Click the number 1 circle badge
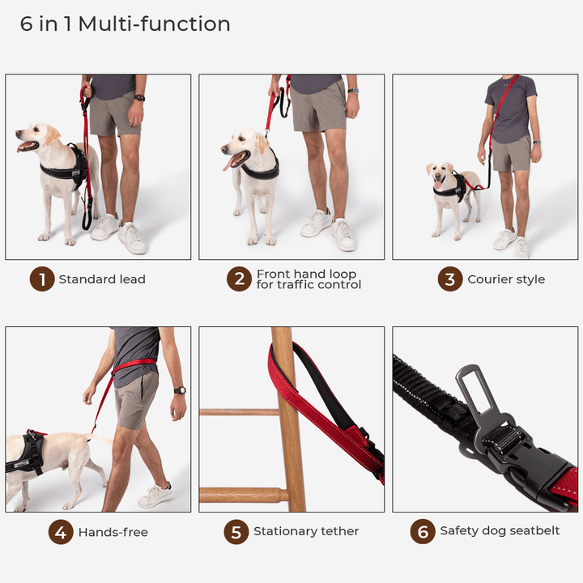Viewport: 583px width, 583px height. pyautogui.click(x=42, y=279)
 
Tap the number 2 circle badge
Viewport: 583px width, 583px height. pyautogui.click(x=239, y=279)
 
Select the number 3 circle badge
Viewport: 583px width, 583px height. pyautogui.click(x=450, y=279)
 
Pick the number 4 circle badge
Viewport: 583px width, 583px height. pyautogui.click(x=61, y=532)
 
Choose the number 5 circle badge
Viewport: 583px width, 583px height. pyautogui.click(x=236, y=532)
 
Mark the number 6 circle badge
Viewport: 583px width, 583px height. pyautogui.click(x=423, y=532)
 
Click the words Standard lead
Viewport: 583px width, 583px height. pyautogui.click(x=102, y=279)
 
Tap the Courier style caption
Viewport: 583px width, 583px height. pyautogui.click(x=506, y=279)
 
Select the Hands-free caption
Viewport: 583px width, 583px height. pyautogui.click(x=113, y=532)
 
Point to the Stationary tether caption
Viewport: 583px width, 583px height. pyautogui.click(x=306, y=532)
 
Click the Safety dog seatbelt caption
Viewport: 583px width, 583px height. pyautogui.click(x=500, y=532)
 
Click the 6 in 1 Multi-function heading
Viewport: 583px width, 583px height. pyautogui.click(x=126, y=24)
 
